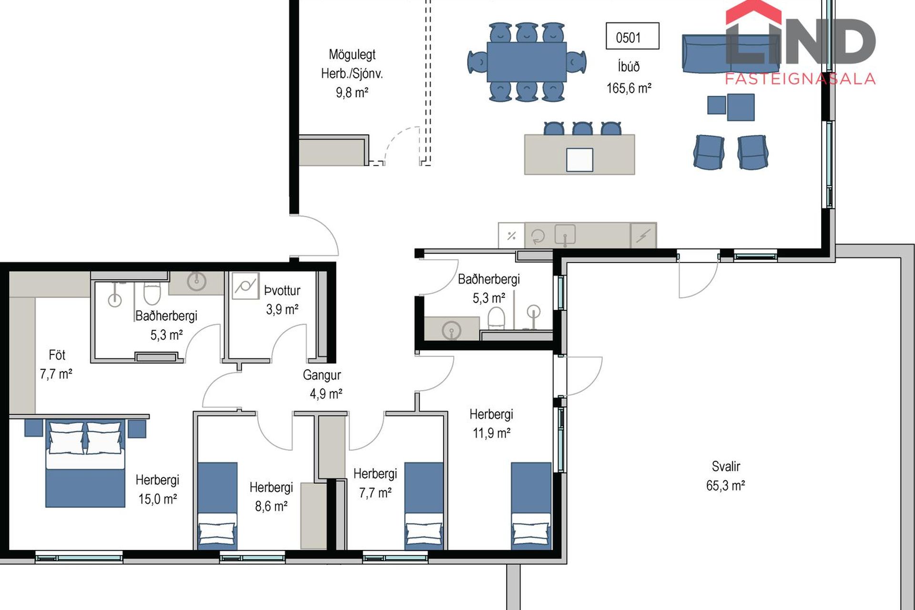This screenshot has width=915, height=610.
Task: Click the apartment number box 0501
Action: [x=632, y=36]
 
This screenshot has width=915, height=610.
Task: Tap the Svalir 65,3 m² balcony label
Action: [x=725, y=476]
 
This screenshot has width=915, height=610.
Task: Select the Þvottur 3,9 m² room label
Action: [x=282, y=300]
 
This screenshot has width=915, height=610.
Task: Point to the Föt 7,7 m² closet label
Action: [x=56, y=365]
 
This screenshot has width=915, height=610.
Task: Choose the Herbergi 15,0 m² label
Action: [x=157, y=489]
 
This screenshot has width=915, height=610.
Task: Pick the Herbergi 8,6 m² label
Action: [x=271, y=497]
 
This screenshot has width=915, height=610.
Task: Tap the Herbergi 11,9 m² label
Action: [x=491, y=424]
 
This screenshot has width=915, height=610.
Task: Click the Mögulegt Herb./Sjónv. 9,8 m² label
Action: [x=352, y=73]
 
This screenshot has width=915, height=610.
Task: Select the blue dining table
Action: [x=527, y=62]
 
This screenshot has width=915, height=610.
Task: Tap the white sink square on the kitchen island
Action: [x=579, y=160]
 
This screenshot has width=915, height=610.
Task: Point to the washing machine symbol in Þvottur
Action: [x=245, y=286]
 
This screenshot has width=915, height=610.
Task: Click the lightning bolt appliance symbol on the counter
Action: [x=643, y=235]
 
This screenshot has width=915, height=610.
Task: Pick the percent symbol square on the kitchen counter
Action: [x=511, y=235]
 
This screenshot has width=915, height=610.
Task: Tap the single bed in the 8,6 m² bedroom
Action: [x=217, y=506]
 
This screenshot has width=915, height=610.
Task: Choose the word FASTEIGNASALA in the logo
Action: [x=800, y=79]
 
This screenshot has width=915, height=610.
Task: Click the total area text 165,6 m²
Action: [x=629, y=88]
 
